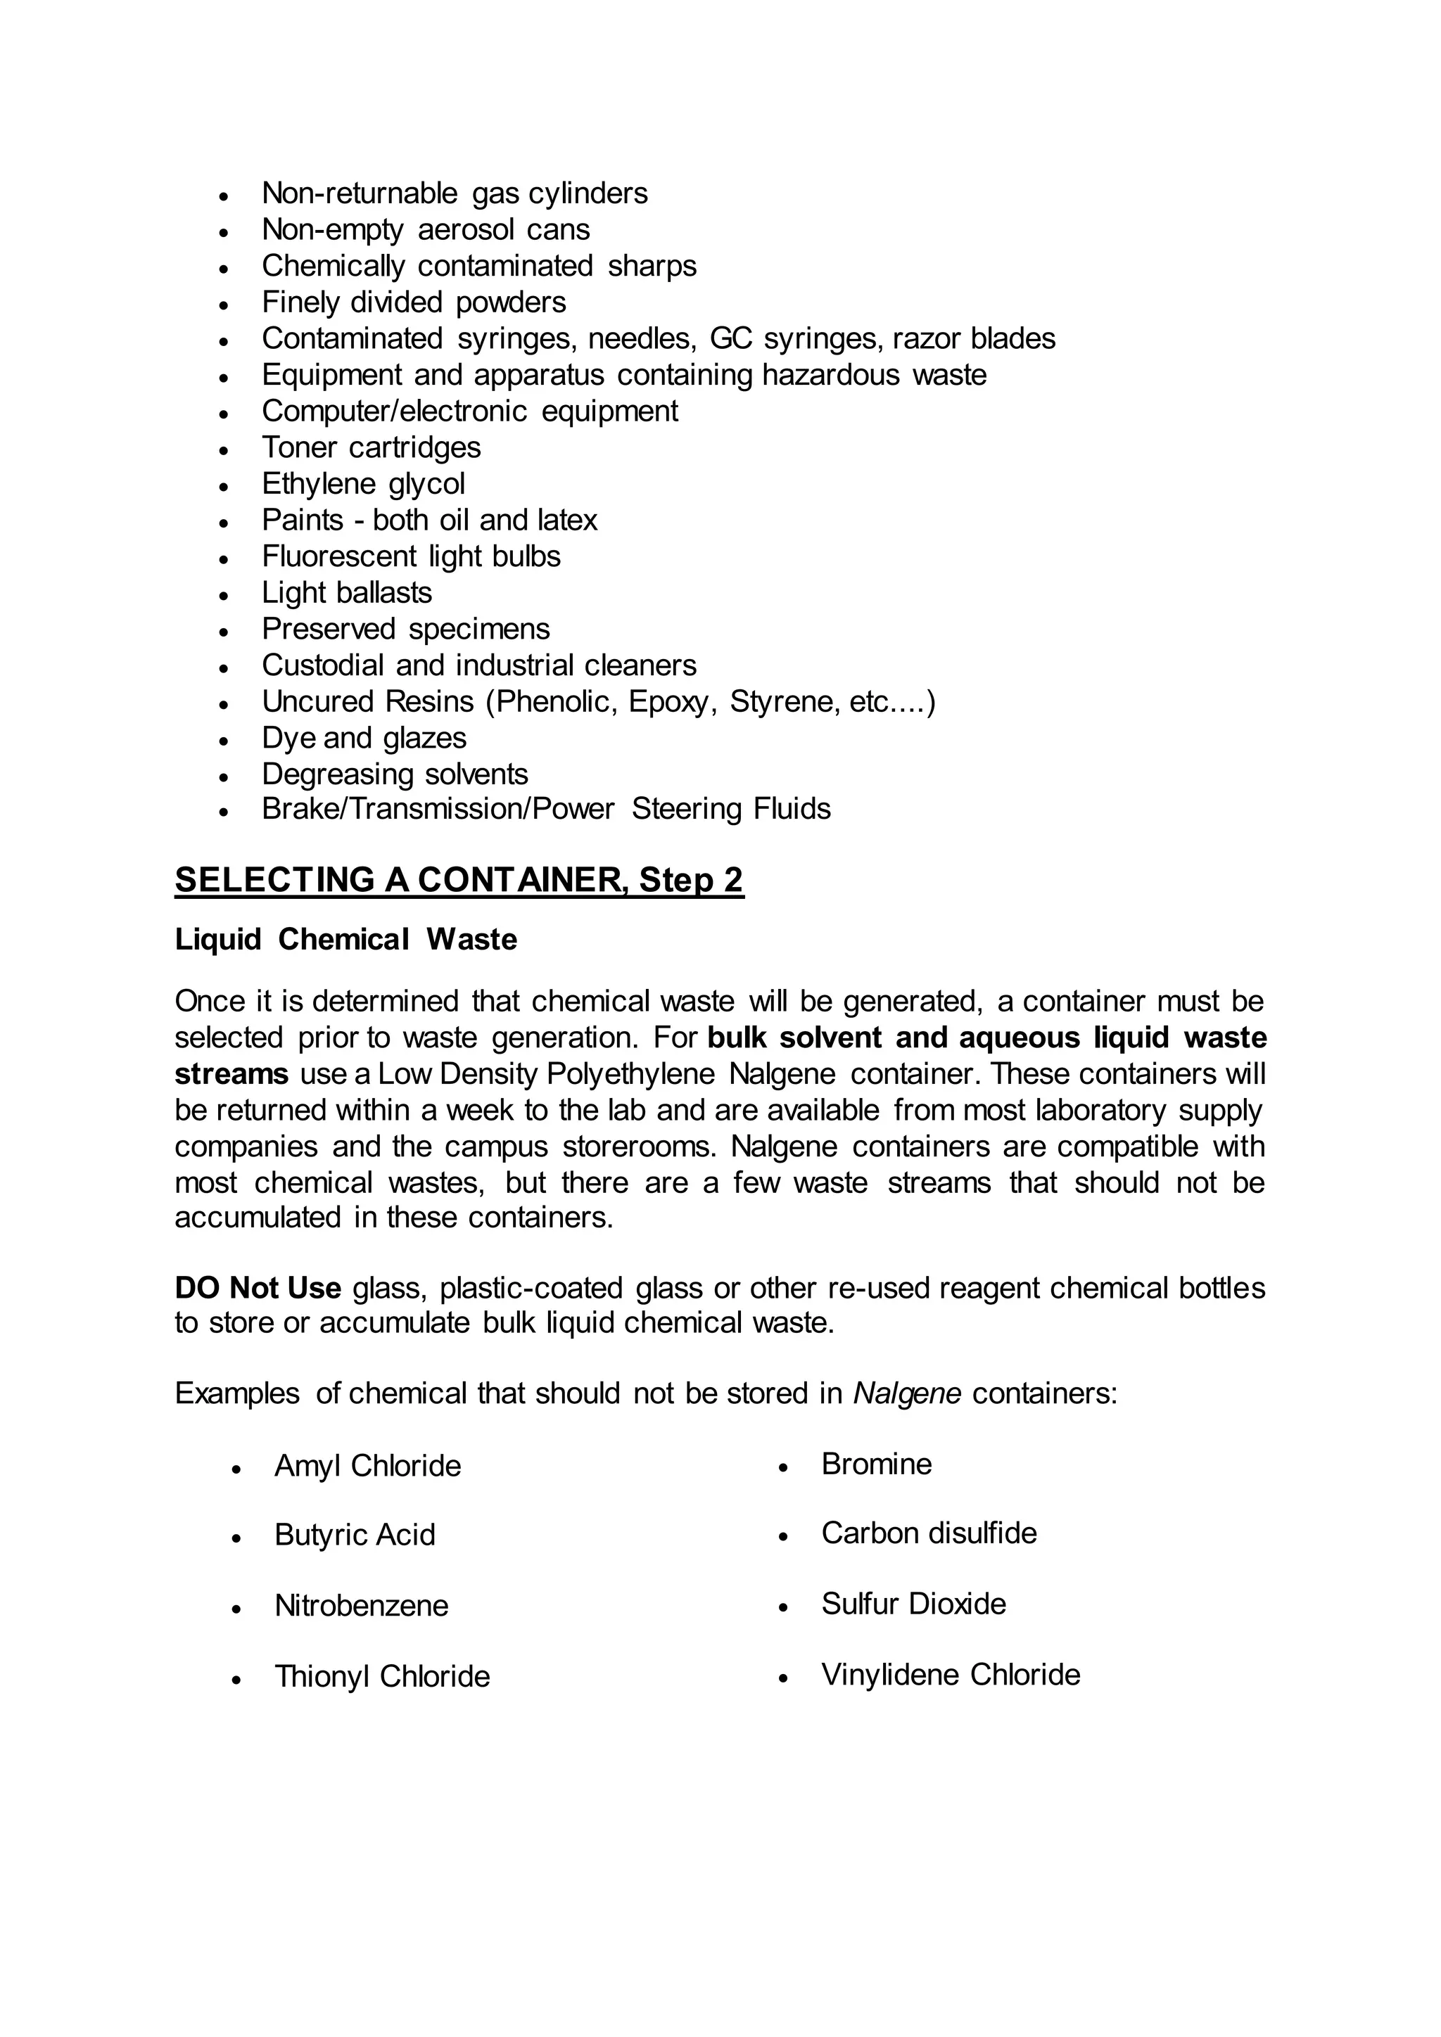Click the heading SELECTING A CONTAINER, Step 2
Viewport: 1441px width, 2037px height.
(459, 880)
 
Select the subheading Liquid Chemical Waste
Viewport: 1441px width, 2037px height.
(345, 940)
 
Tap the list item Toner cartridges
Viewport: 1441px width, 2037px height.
(371, 447)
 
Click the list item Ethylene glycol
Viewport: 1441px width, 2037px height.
(363, 483)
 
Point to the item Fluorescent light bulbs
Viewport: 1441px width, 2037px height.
(411, 556)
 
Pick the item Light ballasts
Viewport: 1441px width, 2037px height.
(347, 593)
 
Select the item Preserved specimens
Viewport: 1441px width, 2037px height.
(405, 629)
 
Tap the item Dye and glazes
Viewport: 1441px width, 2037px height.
(364, 738)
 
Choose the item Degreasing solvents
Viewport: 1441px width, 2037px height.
(395, 774)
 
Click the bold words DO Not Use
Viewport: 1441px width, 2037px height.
(258, 1287)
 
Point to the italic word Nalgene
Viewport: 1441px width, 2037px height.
(907, 1394)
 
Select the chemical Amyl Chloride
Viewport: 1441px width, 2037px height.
(367, 1467)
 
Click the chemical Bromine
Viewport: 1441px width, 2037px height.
(876, 1464)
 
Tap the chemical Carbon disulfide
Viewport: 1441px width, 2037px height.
(928, 1534)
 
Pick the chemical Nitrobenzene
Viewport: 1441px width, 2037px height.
(361, 1606)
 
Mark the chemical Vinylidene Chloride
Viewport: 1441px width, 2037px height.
(951, 1675)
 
